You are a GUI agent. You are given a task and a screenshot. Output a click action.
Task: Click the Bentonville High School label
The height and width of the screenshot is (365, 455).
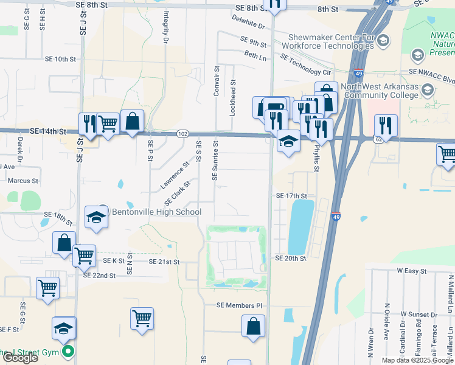point(156,212)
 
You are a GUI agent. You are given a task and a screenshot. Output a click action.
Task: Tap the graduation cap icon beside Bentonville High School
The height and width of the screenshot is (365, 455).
point(96,218)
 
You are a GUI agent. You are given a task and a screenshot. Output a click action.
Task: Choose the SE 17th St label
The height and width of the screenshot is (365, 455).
point(291,196)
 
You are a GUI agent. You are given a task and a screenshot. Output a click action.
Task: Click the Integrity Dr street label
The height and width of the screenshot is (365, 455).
point(165,27)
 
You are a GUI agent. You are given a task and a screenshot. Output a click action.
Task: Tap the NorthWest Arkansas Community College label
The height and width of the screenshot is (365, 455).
point(381,91)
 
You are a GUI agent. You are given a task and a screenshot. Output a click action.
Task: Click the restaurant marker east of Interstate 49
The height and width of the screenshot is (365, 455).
point(386,126)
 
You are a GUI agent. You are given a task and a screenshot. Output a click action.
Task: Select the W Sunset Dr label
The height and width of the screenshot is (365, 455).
point(419,315)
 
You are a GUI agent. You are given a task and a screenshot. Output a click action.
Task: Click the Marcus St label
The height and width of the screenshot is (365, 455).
point(23,181)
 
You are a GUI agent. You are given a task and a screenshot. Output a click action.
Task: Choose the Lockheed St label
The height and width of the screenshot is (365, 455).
point(233,89)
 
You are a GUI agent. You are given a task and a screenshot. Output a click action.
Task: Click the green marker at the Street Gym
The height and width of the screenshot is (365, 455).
point(69,351)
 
